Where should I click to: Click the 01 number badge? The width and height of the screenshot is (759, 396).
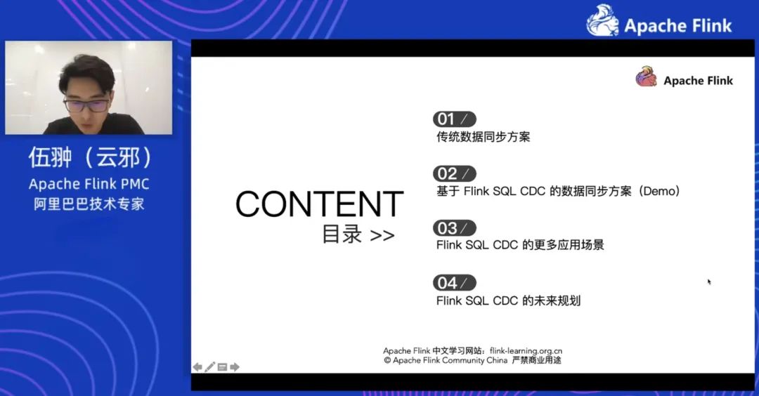455,119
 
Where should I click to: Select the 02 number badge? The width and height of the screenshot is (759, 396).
455,173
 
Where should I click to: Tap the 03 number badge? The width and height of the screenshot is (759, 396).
455,228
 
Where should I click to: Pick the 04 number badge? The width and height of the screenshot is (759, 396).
455,283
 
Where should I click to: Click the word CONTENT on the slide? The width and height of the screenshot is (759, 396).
320,204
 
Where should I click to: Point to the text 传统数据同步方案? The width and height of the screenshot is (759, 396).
483,137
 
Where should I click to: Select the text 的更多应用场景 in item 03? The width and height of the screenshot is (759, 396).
563,244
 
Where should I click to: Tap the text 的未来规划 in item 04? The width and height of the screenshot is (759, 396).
552,301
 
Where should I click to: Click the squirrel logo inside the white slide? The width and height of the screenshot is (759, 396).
647,77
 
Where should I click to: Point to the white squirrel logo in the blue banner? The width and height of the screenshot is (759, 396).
602,20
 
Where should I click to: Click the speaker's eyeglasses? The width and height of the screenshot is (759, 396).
86,105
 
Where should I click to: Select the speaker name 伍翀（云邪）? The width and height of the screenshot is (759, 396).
89,157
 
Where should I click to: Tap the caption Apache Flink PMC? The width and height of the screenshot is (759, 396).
89,184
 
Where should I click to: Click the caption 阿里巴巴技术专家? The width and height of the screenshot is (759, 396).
89,204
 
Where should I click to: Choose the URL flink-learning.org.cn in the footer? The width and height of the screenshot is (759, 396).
526,350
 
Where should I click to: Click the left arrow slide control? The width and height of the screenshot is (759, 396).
197,367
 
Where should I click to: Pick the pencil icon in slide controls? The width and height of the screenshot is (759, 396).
209,367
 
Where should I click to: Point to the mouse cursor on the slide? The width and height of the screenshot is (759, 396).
709,282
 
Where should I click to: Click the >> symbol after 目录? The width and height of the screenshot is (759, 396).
382,236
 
